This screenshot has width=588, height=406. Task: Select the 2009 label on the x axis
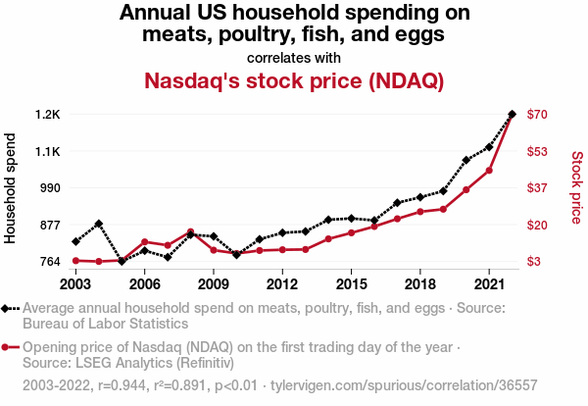(213, 284)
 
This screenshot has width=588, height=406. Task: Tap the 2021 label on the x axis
(489, 284)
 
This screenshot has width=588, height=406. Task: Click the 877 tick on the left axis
(48, 225)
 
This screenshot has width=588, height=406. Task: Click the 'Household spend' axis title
(13, 187)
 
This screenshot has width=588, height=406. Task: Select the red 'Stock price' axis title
(576, 187)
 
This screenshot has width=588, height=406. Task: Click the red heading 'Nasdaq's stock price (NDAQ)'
(294, 80)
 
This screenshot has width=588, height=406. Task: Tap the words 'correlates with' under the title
(294, 57)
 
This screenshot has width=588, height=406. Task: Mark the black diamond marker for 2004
(99, 225)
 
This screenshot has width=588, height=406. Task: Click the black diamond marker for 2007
(168, 258)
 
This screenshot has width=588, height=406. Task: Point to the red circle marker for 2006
(145, 241)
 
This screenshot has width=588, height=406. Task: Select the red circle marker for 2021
(489, 171)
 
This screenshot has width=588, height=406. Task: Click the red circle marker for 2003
(75, 261)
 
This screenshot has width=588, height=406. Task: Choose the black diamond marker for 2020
(466, 160)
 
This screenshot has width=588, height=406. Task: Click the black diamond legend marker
(7, 308)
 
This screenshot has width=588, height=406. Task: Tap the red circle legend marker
(7, 347)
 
